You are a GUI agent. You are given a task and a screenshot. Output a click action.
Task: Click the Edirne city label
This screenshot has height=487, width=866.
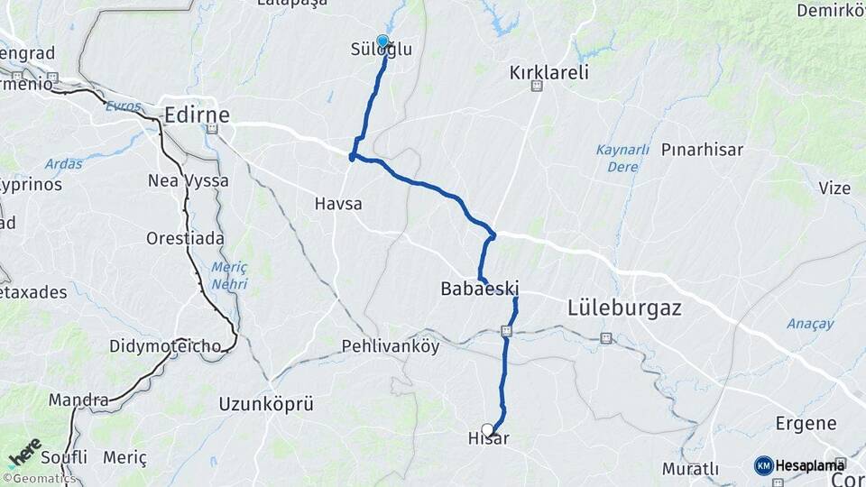pyautogui.click(x=197, y=115)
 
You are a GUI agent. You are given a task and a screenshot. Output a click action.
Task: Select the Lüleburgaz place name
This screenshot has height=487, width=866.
pyautogui.click(x=624, y=308)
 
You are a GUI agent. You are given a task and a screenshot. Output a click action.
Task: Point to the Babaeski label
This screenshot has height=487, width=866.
pyautogui.click(x=479, y=289)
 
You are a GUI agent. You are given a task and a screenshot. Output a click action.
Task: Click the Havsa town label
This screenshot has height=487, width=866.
pyautogui.click(x=338, y=204)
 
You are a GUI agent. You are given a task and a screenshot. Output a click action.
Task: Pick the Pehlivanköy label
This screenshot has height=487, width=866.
pyautogui.click(x=391, y=345)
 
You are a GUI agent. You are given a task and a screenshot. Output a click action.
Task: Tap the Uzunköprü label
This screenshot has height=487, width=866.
pyautogui.click(x=266, y=404)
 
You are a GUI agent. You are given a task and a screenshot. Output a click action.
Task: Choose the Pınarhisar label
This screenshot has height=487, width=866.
pyautogui.click(x=702, y=150)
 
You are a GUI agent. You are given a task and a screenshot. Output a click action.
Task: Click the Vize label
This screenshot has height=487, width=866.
pyautogui.click(x=834, y=188)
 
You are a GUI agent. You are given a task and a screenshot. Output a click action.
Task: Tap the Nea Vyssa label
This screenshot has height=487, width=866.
pyautogui.click(x=188, y=180)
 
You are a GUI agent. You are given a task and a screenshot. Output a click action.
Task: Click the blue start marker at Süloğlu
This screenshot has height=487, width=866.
pyautogui.click(x=382, y=41)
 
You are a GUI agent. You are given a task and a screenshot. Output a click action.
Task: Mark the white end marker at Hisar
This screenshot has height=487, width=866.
pyautogui.click(x=488, y=430)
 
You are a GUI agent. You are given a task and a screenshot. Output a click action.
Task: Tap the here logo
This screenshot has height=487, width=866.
pyautogui.click(x=24, y=454)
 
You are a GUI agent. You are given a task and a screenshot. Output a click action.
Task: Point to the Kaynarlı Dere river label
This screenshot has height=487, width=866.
pyautogui.click(x=622, y=158)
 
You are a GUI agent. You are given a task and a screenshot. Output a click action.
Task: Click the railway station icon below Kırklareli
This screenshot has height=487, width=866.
pyautogui.click(x=537, y=87)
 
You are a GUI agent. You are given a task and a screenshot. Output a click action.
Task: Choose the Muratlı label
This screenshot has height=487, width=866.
pyautogui.click(x=690, y=469)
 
